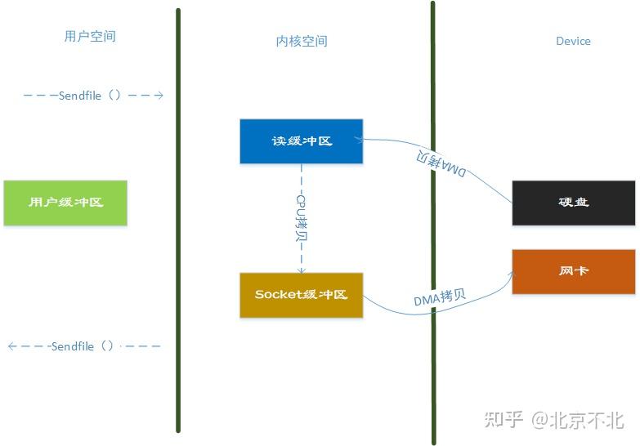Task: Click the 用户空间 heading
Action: coord(90,37)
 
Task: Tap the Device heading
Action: coord(573,41)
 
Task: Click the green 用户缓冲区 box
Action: coord(65,202)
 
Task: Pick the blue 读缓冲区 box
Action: coord(301,141)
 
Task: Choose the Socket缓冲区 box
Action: coord(301,295)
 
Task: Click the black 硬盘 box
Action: coord(573,203)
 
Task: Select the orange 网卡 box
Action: coord(573,271)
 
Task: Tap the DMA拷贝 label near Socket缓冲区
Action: coord(440,298)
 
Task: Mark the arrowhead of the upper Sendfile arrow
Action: coord(160,96)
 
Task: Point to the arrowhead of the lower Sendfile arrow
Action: coord(11,346)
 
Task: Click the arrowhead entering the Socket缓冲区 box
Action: coord(301,270)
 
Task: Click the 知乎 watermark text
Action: coord(503,420)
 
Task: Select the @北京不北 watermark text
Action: coord(578,420)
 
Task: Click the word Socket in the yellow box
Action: coord(279,295)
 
